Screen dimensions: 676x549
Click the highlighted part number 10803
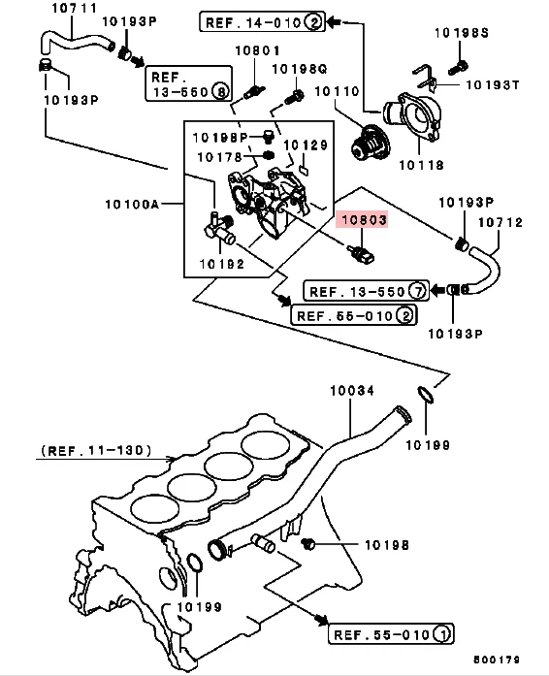(x=362, y=221)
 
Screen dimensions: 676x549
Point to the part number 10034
(x=350, y=390)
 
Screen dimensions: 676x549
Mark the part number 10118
(x=419, y=165)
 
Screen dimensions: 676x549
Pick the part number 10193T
(x=494, y=84)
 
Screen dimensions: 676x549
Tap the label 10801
(x=257, y=49)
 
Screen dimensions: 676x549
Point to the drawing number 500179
(x=498, y=660)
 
